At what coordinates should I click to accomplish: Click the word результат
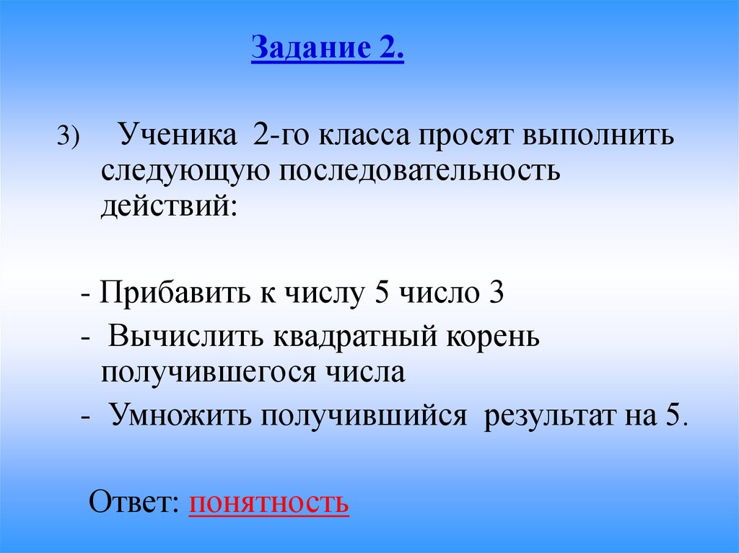(546, 417)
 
